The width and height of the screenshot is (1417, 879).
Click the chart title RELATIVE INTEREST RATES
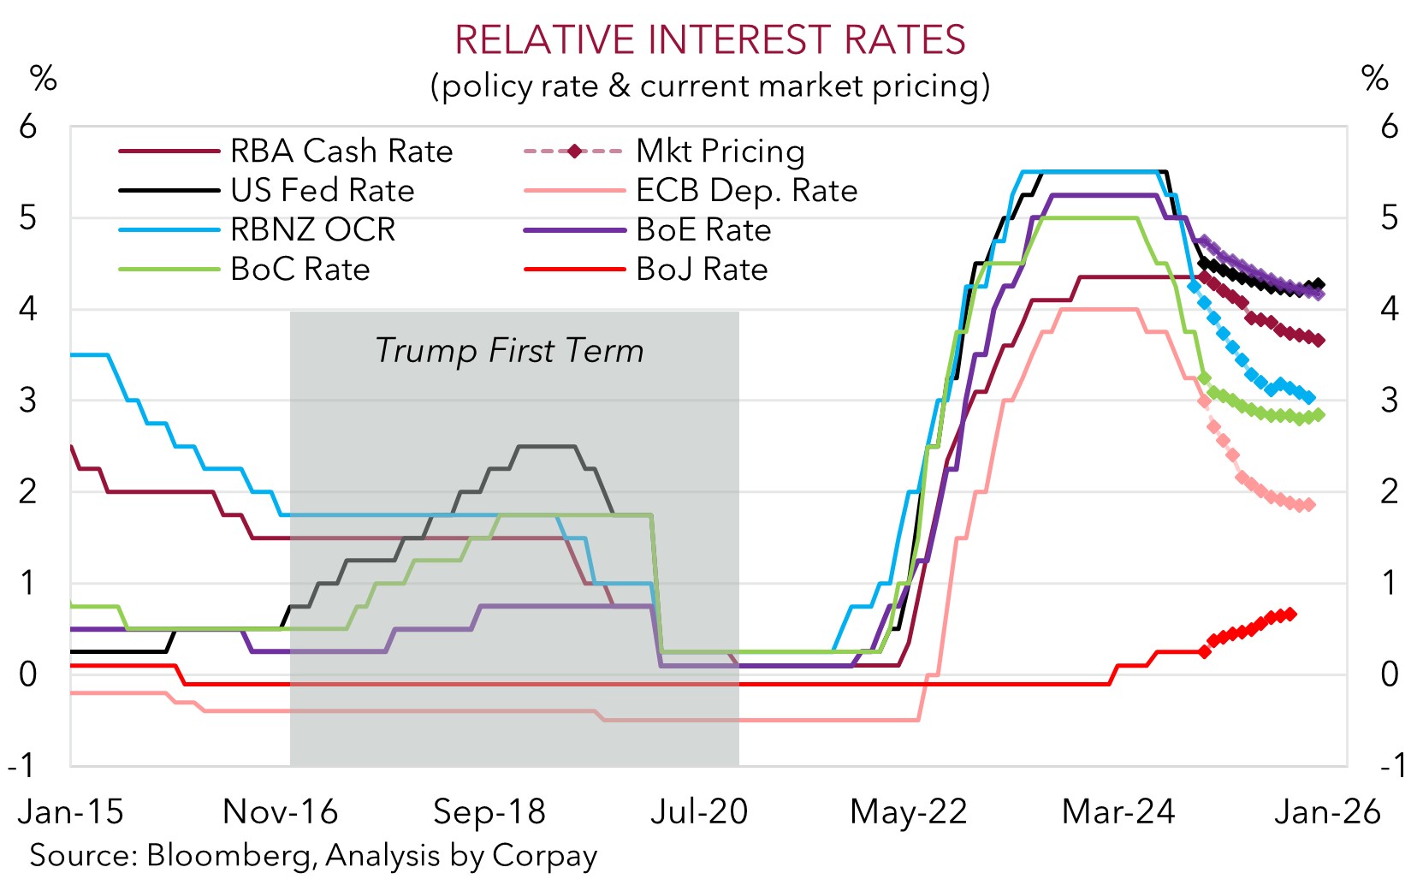(x=709, y=40)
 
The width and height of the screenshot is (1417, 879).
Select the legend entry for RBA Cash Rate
(x=341, y=151)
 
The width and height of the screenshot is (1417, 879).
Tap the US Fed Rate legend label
(x=322, y=191)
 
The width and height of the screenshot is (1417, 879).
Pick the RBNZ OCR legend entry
(x=312, y=230)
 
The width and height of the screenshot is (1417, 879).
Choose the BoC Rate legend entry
(x=299, y=270)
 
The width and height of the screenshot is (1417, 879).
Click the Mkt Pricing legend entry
(x=720, y=151)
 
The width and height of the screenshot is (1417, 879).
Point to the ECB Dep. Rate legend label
(x=745, y=191)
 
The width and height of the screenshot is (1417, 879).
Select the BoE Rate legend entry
(x=703, y=230)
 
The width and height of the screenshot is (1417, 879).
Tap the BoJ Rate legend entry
(x=701, y=270)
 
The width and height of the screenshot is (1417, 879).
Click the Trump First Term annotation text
(x=509, y=351)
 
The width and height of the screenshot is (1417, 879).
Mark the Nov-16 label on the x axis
(x=280, y=811)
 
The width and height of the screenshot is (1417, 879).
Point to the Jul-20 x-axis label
(x=699, y=811)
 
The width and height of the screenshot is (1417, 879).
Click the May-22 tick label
(x=908, y=811)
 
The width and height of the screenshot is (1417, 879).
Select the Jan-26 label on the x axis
(x=1327, y=811)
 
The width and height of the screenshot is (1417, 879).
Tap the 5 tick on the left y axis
(x=28, y=217)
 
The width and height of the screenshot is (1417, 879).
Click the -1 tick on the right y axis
(x=1391, y=764)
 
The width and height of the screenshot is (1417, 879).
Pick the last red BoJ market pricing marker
(x=1290, y=614)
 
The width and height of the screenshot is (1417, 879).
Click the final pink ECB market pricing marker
(x=1309, y=505)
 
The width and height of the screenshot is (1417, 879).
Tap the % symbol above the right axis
(x=1374, y=79)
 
